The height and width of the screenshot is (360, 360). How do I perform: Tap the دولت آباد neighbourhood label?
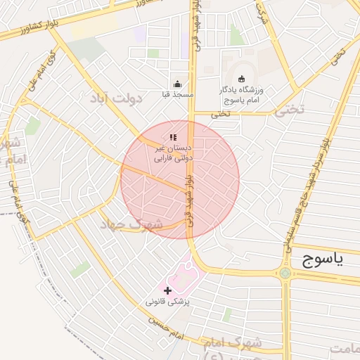[x=116, y=98]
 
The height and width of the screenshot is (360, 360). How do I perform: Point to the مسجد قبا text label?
[x=177, y=94]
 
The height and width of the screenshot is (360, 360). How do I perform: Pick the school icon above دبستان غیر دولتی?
[x=173, y=136]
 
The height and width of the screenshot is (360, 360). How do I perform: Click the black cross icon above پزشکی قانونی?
[x=167, y=290]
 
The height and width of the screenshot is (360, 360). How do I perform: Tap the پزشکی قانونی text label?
[x=169, y=301]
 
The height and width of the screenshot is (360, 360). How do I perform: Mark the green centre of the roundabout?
[x=285, y=273]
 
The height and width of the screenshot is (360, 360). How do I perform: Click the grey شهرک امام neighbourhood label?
[x=232, y=345]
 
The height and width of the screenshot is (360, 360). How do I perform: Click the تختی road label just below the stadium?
[x=221, y=113]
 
